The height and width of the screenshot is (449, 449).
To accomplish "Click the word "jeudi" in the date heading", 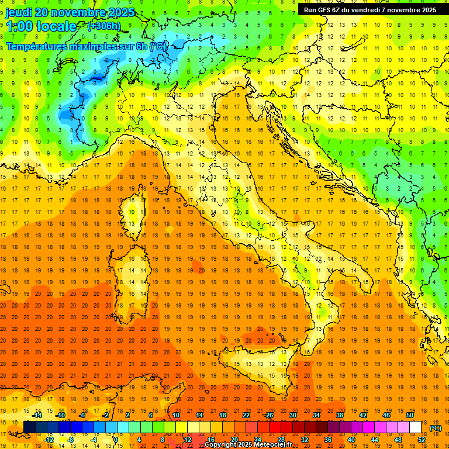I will click(x=19, y=12).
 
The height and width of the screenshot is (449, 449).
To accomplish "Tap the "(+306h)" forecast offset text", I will click(x=103, y=26).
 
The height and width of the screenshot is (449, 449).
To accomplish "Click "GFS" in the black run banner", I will click(x=326, y=10).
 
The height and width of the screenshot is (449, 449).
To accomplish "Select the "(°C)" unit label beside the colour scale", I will click(x=436, y=427).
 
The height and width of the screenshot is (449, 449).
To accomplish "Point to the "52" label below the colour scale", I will click(x=421, y=440).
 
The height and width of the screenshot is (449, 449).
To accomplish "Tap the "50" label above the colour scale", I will click(x=410, y=415).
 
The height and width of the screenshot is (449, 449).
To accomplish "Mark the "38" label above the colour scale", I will click(x=340, y=415).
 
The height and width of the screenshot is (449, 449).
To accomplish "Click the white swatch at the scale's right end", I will click(x=415, y=427).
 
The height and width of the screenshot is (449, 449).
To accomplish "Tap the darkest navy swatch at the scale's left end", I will click(x=29, y=427).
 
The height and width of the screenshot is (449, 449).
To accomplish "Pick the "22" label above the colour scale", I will click(x=246, y=415).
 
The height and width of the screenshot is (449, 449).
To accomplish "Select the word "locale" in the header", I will click(x=56, y=26).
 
